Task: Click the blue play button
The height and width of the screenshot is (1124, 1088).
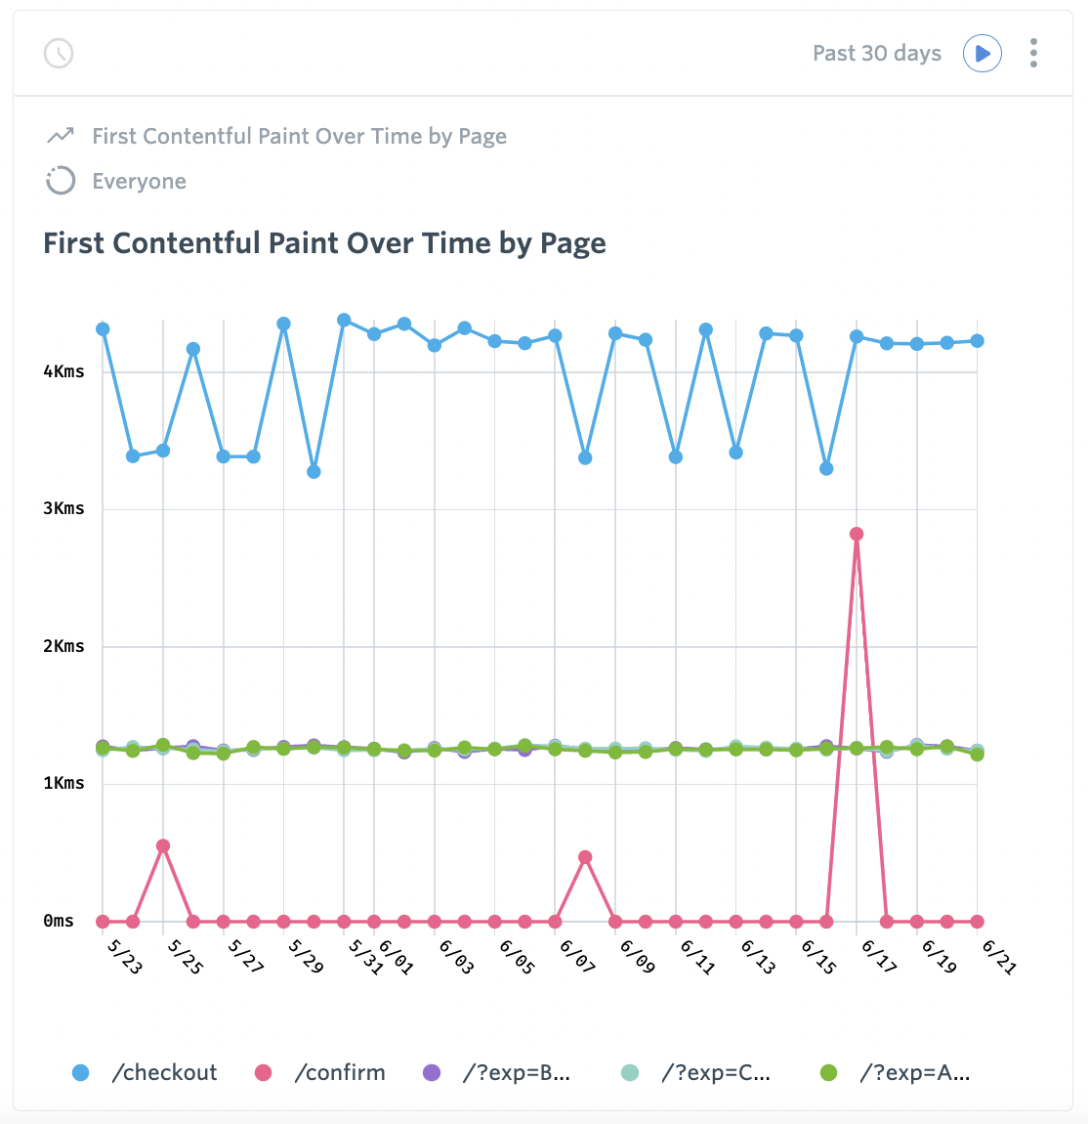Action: coord(983,53)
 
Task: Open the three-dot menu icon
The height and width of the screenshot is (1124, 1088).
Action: coord(1033,53)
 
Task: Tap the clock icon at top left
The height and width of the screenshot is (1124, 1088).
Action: coord(60,53)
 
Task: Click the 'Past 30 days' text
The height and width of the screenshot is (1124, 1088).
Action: coord(876,53)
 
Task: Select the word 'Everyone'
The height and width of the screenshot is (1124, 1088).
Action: coord(139,182)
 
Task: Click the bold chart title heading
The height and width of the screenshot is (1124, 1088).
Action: coord(324,243)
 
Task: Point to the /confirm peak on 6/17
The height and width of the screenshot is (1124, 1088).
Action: coord(857,534)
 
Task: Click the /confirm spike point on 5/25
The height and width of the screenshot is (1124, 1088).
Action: coord(163,846)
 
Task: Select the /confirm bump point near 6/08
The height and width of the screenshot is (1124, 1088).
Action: coord(585,857)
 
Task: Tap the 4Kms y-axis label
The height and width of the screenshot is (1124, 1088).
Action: coord(63,371)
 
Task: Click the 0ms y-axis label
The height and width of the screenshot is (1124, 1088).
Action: coord(59,921)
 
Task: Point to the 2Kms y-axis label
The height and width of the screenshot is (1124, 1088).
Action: coord(63,646)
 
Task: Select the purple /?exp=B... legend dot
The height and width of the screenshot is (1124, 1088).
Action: coord(431,1073)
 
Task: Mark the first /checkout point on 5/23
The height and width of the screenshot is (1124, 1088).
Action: coord(103,329)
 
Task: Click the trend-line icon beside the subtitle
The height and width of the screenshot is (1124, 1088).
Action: coord(61,135)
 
